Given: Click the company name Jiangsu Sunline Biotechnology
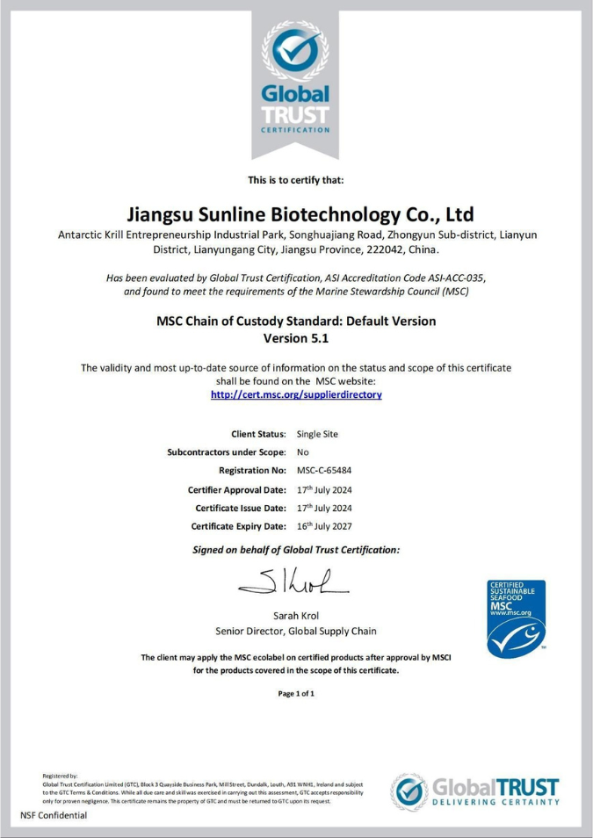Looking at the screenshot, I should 296,214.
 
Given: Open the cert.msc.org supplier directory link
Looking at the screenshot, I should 296,395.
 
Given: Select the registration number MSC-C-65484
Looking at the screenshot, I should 324,471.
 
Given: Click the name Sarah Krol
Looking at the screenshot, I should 296,614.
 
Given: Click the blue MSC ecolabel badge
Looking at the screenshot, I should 517,619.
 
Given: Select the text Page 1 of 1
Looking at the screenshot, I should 296,694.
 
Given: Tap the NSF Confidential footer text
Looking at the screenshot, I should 54,815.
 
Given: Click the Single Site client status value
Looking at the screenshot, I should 317,434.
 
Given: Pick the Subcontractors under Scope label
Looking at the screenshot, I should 226,452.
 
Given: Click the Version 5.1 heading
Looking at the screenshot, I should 296,337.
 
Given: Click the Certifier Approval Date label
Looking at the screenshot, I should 236,489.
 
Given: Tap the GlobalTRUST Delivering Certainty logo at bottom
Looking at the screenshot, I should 474,791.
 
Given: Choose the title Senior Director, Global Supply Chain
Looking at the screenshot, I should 296,631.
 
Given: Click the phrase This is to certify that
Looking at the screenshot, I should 296,180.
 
